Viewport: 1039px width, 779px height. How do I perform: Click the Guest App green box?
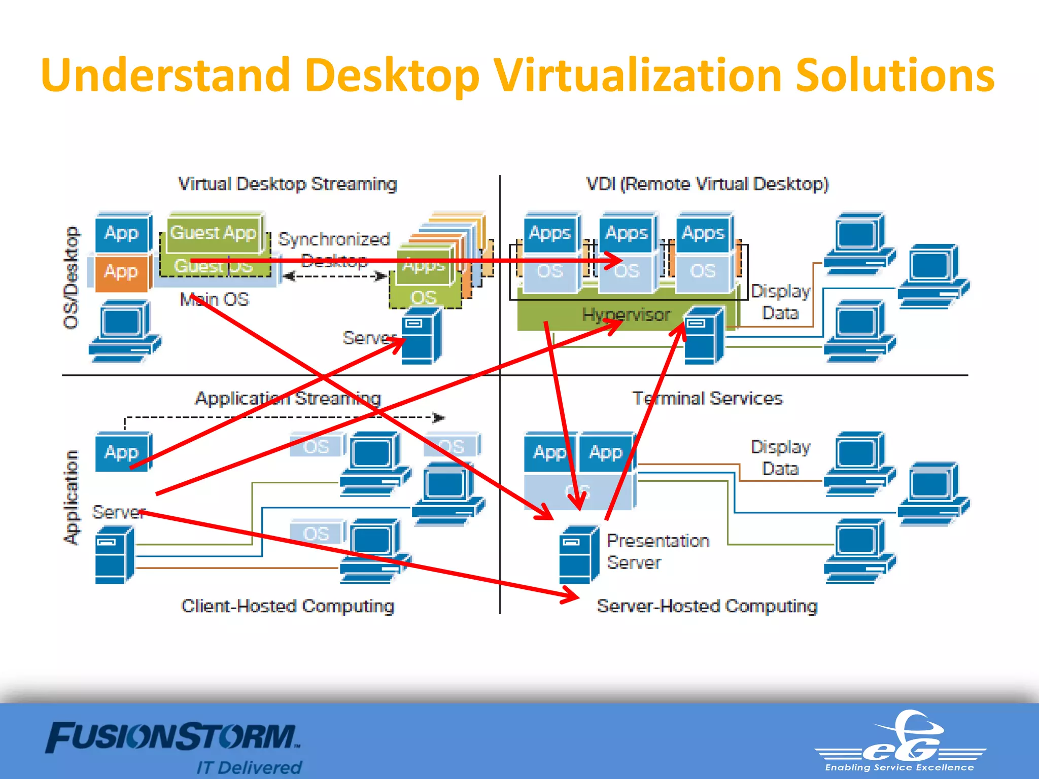coord(213,233)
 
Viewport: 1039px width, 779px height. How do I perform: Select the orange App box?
coord(121,272)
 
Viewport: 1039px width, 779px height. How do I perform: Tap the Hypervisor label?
coord(626,315)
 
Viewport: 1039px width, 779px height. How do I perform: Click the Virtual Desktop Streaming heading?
coord(287,184)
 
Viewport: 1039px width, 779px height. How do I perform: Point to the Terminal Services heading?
coord(707,398)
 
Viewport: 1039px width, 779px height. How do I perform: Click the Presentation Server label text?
coord(657,552)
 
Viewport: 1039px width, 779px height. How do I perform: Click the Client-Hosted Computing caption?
coord(287,606)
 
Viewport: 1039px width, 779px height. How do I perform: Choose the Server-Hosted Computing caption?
coord(707,606)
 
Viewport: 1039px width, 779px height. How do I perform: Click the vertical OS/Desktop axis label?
coord(72,277)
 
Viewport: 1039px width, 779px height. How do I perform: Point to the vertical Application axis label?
coord(72,497)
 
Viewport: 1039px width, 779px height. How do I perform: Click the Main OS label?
coord(214,299)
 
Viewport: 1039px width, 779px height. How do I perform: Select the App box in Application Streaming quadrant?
coord(122,451)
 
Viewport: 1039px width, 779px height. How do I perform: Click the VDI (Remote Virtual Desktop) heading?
coord(707,184)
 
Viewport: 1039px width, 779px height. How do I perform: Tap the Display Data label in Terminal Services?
coord(780,457)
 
